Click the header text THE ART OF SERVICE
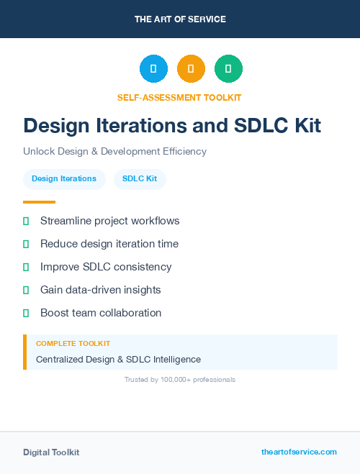click(x=180, y=19)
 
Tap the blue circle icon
click(x=153, y=68)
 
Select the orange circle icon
click(x=191, y=68)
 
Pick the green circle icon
click(x=228, y=68)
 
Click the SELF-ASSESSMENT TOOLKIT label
click(x=179, y=97)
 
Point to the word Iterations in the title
click(x=151, y=125)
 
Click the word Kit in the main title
click(x=300, y=125)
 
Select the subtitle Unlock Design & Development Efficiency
click(x=114, y=152)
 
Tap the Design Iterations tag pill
click(x=64, y=179)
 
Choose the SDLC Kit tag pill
click(x=140, y=179)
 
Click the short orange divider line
click(x=39, y=202)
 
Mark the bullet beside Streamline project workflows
click(x=26, y=221)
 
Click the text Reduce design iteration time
click(x=109, y=244)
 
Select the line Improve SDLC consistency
click(x=106, y=267)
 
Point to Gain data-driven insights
click(x=101, y=290)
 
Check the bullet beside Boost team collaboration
click(x=26, y=313)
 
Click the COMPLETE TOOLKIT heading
click(x=73, y=344)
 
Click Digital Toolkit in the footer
click(x=51, y=452)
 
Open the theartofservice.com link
click(x=299, y=452)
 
